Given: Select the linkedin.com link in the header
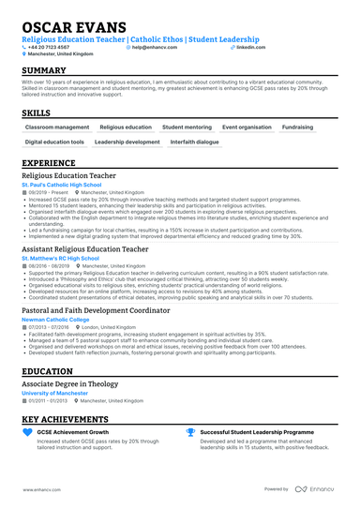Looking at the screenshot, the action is click(x=247, y=46).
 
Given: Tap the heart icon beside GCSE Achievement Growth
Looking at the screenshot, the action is click(x=27, y=432).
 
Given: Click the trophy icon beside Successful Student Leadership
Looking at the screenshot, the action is click(x=191, y=432).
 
